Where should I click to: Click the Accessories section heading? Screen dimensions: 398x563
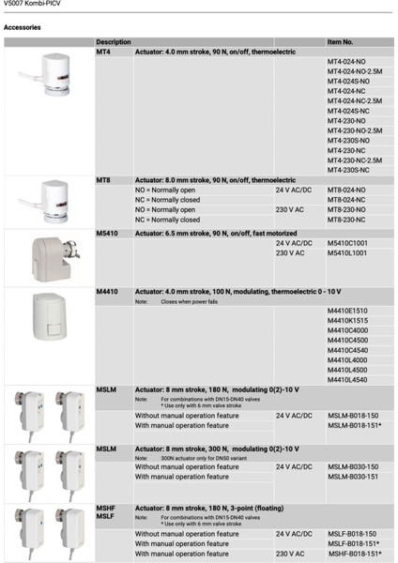coord(23,28)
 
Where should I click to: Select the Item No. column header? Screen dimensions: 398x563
coord(340,43)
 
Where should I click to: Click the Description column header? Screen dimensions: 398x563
coord(114,43)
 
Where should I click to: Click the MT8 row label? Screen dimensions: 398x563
coord(104,179)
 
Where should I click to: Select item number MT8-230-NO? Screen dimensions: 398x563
coord(347,209)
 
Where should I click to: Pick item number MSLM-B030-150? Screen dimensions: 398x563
coord(353,466)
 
